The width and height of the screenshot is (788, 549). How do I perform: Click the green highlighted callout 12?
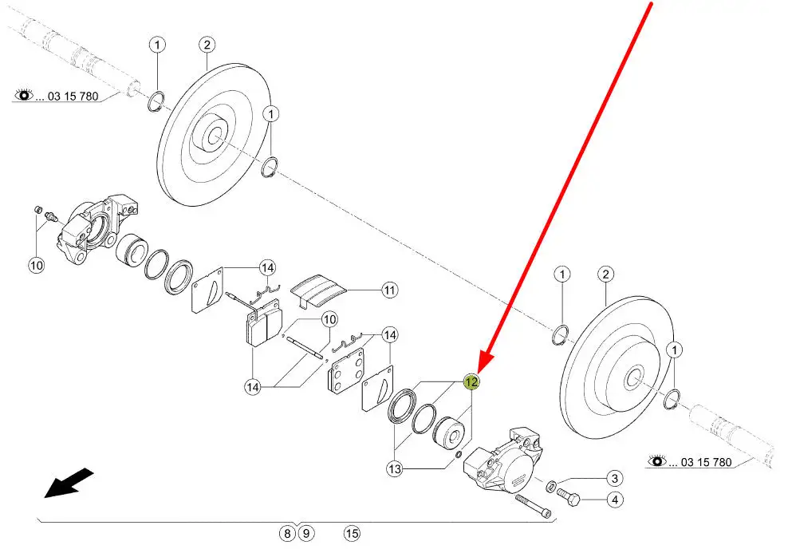(471, 382)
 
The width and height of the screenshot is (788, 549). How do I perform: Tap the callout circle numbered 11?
(389, 290)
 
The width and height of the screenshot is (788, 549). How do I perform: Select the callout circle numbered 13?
(395, 469)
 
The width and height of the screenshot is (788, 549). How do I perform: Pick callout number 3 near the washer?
(614, 478)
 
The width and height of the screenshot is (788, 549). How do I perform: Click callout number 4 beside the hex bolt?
(615, 500)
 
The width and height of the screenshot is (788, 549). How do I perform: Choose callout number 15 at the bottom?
(353, 533)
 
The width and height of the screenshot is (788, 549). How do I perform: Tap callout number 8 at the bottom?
(287, 533)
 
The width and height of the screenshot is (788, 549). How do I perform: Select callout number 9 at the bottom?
(305, 533)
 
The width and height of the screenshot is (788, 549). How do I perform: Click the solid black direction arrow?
(69, 483)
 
